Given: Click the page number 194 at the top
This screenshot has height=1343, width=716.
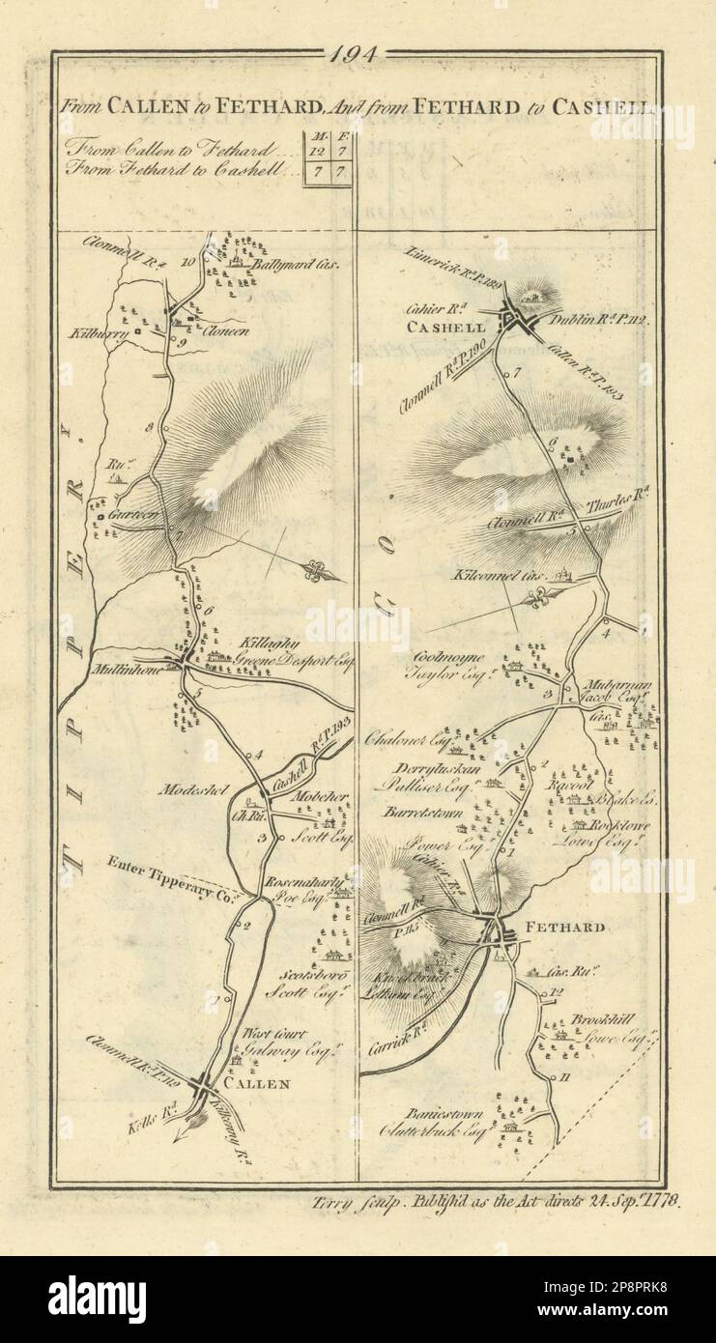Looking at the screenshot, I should tap(357, 56).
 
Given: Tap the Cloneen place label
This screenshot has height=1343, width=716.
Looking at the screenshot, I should tap(227, 329).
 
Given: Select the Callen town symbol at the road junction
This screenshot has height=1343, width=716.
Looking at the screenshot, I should tap(205, 1089).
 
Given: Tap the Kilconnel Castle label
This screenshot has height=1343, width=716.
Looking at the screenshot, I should tap(497, 574).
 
